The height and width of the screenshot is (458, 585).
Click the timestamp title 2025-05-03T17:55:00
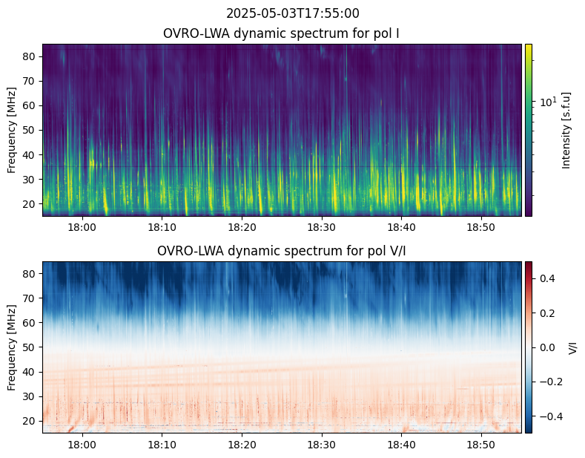[292, 13]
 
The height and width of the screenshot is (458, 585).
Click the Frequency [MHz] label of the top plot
[12, 130]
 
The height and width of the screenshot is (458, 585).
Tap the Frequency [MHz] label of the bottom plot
[12, 347]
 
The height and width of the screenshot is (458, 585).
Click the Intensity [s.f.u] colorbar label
[567, 130]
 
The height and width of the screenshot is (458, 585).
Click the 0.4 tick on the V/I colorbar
[546, 278]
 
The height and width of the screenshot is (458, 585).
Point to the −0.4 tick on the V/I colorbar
[549, 416]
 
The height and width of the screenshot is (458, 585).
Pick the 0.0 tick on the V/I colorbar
[546, 347]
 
